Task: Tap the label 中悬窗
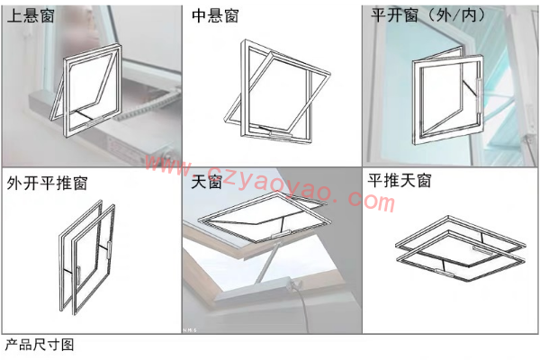pos(215,16)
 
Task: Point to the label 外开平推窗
pos(46,184)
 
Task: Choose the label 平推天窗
pos(400,181)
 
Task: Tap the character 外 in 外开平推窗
pos(14,184)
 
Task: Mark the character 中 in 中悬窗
pos(200,16)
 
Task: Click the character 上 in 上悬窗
pos(14,16)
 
